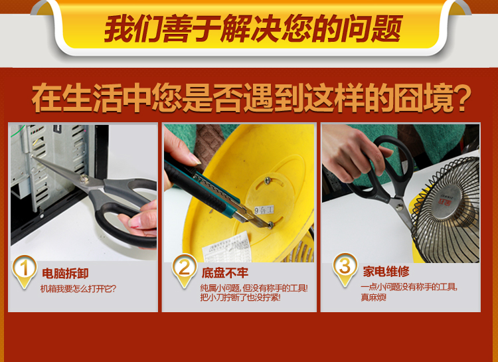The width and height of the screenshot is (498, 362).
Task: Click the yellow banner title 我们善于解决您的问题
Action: pos(253,29)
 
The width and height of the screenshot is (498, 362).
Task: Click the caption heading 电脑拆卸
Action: pos(65,274)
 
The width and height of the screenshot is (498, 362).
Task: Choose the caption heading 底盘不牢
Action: pos(225,273)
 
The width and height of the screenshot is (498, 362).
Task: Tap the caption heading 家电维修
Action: pos(386,272)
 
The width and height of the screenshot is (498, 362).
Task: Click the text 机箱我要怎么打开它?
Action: pos(78,289)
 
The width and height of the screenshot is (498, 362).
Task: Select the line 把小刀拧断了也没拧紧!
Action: pos(240,298)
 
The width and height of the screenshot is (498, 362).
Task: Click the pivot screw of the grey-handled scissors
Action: pos(84,178)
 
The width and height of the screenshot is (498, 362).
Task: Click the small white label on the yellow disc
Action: pos(264,210)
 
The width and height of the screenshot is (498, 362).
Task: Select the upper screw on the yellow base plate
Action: pos(268,180)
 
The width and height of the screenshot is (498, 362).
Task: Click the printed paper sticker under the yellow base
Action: pos(226,248)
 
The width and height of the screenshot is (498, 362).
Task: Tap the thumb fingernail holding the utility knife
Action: pos(195,159)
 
